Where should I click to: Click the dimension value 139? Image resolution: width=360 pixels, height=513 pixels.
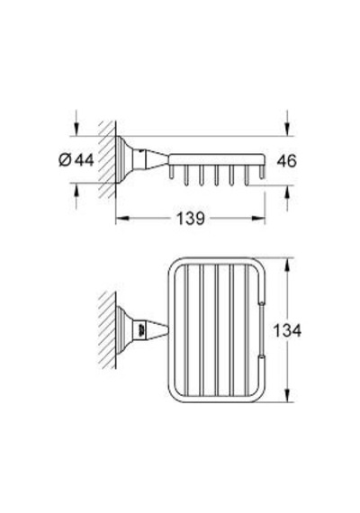point(191,218)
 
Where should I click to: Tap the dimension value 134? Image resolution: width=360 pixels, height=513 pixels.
point(287,330)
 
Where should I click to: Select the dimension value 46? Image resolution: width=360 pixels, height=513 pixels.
point(287,161)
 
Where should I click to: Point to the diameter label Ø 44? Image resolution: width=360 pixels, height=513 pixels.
point(76,160)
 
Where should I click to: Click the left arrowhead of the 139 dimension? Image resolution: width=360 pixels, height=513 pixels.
point(121,218)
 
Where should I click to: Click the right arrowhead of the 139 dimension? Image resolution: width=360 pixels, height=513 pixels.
point(258,218)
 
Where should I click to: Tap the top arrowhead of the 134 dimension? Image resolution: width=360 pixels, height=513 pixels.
point(287,265)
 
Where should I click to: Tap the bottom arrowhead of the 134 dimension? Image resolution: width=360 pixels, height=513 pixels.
point(287,395)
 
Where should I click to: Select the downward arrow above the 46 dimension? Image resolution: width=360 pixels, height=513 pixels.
point(287,123)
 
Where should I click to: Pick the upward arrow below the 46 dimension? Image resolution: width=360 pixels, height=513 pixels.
point(287,198)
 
